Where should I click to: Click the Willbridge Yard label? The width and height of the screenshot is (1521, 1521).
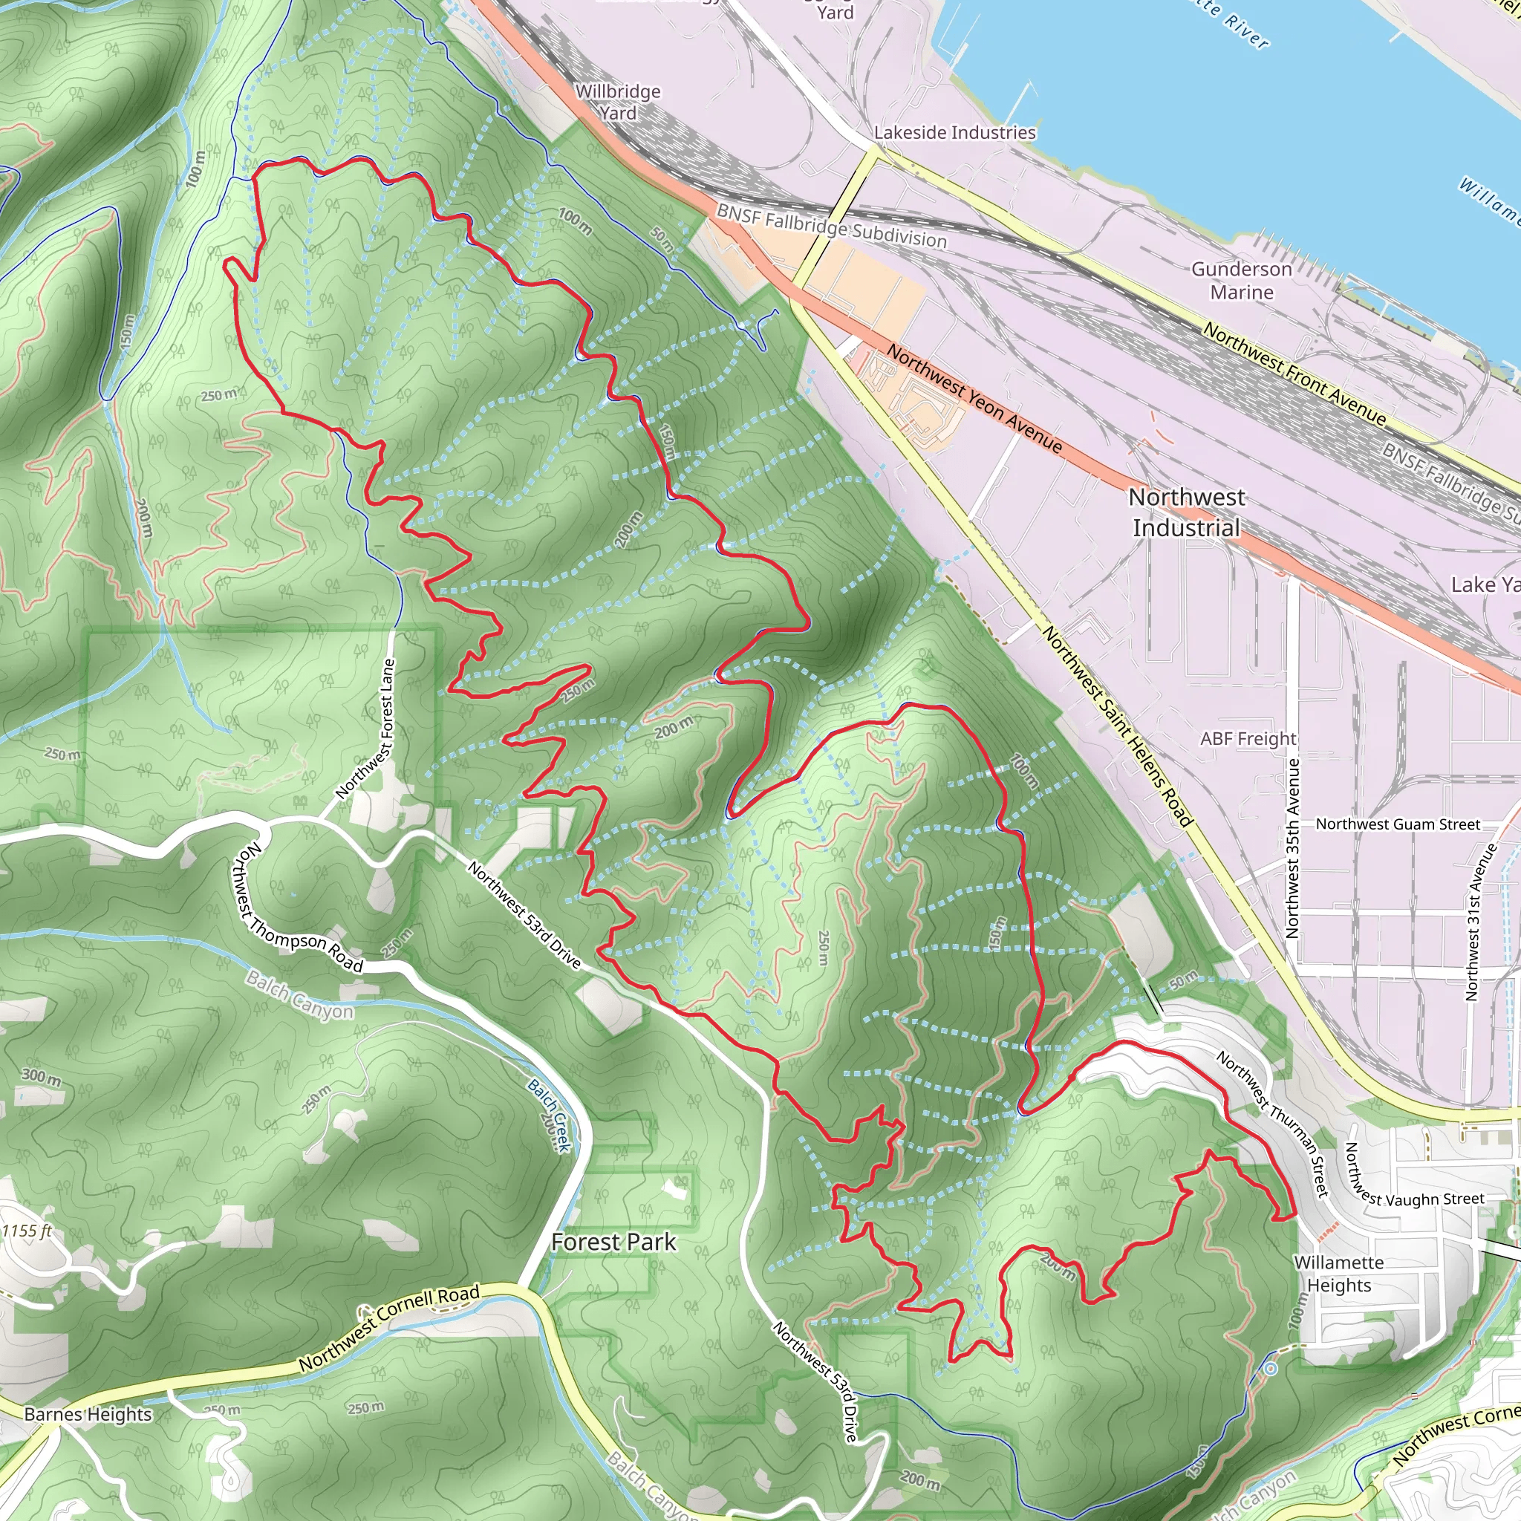[618, 102]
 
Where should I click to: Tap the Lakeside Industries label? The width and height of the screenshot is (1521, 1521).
[954, 132]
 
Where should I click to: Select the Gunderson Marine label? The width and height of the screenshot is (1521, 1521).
[1242, 280]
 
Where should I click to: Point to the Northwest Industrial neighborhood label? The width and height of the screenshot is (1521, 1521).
[1186, 512]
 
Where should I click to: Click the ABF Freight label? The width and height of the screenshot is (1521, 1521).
[1248, 738]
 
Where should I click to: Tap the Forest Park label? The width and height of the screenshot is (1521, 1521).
[613, 1242]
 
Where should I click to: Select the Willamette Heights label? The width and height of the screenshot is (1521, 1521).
[1338, 1274]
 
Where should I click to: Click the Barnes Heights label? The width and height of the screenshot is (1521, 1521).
[88, 1414]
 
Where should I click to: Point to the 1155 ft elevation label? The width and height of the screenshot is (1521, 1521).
[27, 1231]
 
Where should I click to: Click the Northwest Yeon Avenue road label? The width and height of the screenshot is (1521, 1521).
[974, 399]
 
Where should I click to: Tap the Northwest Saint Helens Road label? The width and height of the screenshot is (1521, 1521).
[1118, 726]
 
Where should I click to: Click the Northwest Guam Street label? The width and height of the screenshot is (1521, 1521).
[1398, 824]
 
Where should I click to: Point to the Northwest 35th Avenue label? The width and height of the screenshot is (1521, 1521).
[1292, 848]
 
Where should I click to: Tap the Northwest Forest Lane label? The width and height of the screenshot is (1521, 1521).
[365, 729]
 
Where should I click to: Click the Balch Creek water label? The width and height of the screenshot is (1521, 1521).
[548, 1115]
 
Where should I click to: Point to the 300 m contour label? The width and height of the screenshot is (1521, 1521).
[41, 1076]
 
